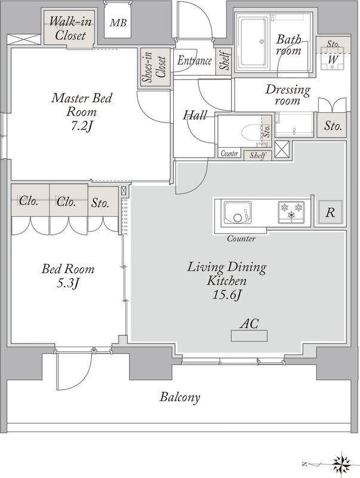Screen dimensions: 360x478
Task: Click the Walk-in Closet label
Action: pos(70,28)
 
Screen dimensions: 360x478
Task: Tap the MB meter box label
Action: pos(118,23)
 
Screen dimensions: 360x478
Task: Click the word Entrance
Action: pos(194,60)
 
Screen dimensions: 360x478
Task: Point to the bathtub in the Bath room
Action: pos(253,42)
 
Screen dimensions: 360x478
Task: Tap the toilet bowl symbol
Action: pos(251,131)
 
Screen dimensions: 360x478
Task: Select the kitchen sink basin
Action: pos(238,213)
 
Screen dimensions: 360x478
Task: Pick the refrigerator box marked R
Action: pos(331,212)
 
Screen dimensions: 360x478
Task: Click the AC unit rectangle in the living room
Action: pos(249,336)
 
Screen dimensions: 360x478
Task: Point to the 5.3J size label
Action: pos(68,283)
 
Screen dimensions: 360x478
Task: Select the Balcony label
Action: pos(180,397)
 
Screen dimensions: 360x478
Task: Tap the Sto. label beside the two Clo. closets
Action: pos(100,203)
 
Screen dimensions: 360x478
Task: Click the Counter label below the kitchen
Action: pos(241,238)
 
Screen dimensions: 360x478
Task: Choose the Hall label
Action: pos(195,115)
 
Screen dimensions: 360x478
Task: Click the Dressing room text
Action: pos(288,94)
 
